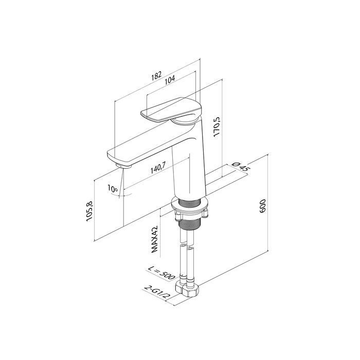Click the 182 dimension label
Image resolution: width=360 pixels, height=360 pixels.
[156, 75]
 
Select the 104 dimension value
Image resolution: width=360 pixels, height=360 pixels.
[170, 79]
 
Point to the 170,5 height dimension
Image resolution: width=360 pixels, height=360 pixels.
[217, 127]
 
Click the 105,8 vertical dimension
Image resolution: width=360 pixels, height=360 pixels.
[89, 211]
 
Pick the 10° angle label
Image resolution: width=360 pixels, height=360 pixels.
[113, 189]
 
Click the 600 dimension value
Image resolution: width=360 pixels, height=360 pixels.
[262, 206]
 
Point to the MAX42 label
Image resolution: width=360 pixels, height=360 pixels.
[154, 239]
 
